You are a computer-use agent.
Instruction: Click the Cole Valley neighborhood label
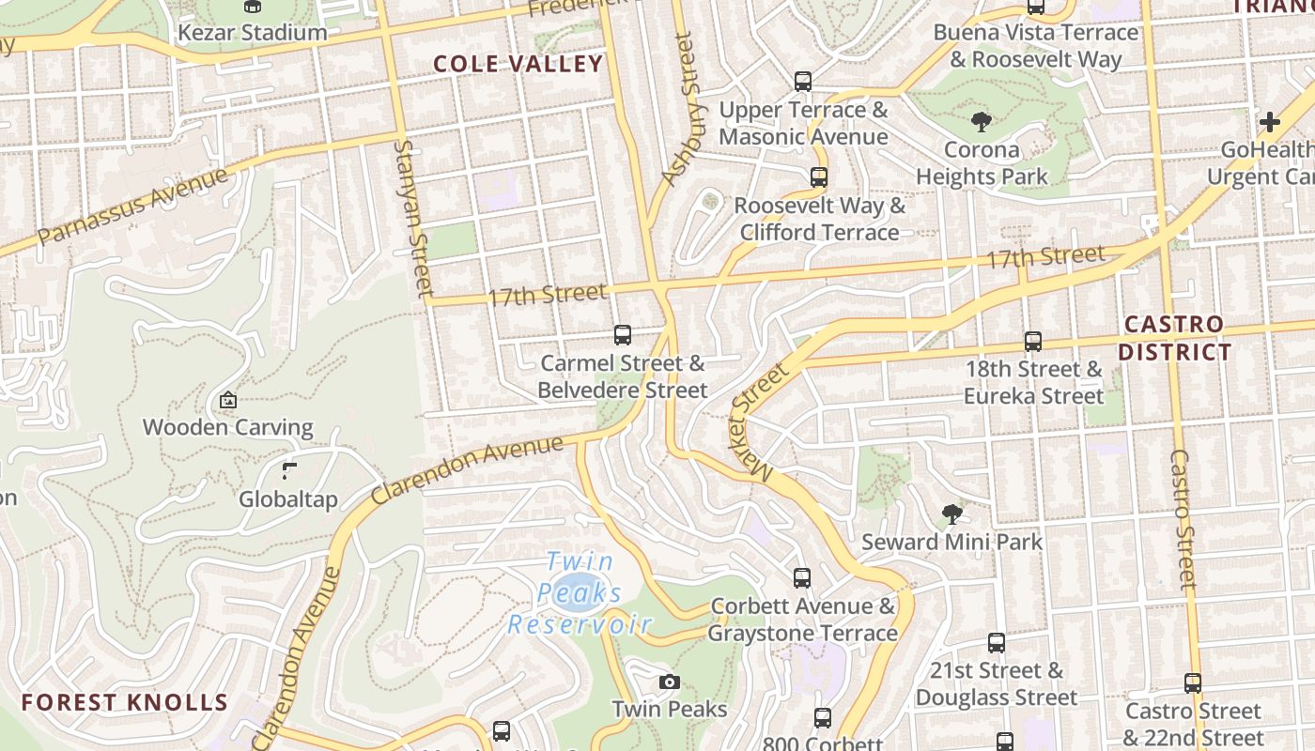[518, 64]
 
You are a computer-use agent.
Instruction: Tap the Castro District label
[1178, 338]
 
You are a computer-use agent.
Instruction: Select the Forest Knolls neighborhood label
[124, 702]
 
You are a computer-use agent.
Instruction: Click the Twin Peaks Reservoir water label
[580, 593]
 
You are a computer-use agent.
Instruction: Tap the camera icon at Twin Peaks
[669, 682]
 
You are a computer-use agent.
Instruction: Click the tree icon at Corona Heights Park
[982, 121]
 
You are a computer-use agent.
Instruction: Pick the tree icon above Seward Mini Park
[951, 513]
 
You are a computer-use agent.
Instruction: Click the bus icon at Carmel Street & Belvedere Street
[622, 334]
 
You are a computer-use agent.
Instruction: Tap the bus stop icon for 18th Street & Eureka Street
[1033, 341]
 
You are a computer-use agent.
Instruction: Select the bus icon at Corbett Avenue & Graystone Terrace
[802, 577]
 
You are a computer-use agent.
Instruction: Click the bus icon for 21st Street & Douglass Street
[997, 643]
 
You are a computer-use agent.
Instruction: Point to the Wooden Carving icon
[227, 400]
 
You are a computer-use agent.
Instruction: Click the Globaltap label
[287, 498]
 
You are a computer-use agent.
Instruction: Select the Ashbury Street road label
[683, 108]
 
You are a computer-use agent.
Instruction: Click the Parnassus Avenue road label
[132, 205]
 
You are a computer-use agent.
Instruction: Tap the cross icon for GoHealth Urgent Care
[1270, 121]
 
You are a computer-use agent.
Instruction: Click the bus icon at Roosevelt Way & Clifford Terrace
[818, 176]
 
